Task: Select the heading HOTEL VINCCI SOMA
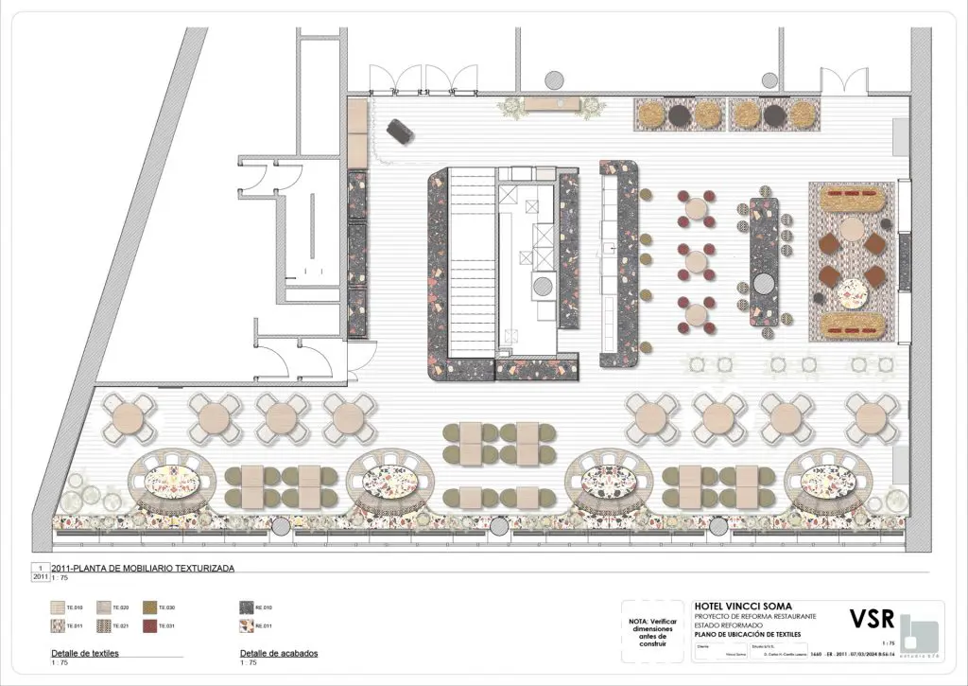tap(743, 607)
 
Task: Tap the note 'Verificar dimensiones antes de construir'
tap(652, 630)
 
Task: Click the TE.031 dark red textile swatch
tap(149, 625)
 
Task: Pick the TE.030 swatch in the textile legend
tap(149, 607)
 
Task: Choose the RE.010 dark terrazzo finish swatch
tap(249, 607)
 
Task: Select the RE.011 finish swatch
tap(249, 625)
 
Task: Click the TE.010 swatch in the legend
tap(58, 607)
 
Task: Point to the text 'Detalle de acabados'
tap(279, 654)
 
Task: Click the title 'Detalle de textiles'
tap(85, 654)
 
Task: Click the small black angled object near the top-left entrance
tap(401, 132)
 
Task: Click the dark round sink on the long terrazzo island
tap(764, 281)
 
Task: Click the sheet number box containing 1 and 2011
tap(41, 572)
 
